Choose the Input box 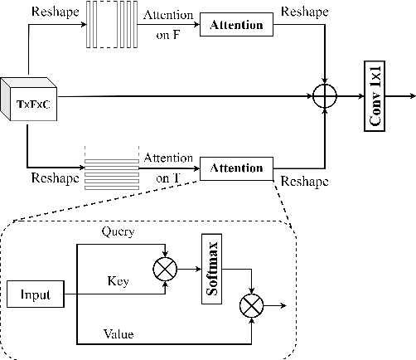(x=36, y=294)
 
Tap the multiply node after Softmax (x=250, y=306)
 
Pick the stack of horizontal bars (x=110, y=168)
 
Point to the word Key (x=119, y=281)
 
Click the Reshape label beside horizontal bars (x=55, y=178)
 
